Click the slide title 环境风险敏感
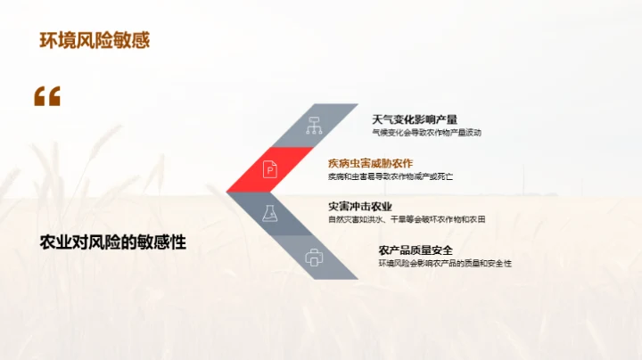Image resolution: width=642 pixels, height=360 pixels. (95, 39)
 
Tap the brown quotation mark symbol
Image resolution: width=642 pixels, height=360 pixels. (47, 97)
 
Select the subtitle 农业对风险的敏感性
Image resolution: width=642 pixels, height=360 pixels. (113, 241)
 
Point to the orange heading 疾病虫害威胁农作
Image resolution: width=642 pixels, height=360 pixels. (370, 163)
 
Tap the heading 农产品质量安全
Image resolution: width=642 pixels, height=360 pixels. (415, 250)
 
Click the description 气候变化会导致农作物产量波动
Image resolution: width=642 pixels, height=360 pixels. (426, 133)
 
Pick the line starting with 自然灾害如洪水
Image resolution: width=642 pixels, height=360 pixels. (406, 219)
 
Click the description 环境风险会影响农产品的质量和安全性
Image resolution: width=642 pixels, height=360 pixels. (444, 264)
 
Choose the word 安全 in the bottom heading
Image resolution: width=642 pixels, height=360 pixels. (442, 250)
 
